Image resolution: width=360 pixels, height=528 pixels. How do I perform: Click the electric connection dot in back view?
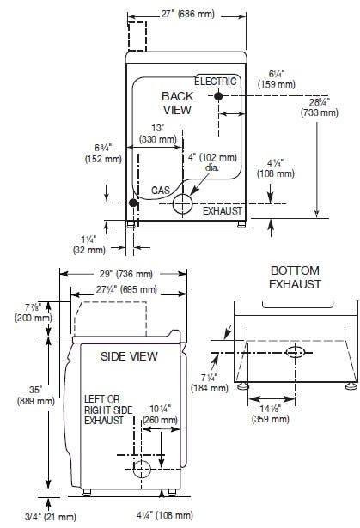click(x=218, y=96)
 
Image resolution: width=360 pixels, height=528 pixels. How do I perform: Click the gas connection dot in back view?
click(x=133, y=203)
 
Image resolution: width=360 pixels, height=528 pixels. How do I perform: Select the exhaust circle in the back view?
click(x=182, y=203)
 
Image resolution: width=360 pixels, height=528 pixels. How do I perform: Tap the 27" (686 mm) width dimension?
click(x=187, y=14)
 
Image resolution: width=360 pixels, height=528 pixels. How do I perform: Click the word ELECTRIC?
click(x=216, y=82)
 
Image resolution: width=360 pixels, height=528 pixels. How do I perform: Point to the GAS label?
click(x=161, y=191)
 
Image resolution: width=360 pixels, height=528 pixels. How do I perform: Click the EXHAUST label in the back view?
click(x=223, y=211)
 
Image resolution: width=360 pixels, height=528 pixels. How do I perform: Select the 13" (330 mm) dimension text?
click(x=158, y=133)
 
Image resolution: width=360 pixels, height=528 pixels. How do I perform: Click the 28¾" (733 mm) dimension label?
click(x=320, y=106)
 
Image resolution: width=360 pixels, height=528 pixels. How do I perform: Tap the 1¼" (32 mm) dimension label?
click(x=89, y=245)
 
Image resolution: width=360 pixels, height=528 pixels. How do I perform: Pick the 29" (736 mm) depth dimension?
click(x=125, y=274)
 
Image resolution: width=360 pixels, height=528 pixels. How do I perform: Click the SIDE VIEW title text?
click(x=129, y=356)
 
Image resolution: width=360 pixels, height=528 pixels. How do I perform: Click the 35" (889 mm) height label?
click(x=36, y=395)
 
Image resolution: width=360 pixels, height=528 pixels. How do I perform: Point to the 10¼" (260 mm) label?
click(x=160, y=414)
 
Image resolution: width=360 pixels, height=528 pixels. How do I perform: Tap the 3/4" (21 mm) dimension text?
click(x=51, y=516)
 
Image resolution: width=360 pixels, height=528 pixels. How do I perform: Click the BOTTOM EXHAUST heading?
click(x=295, y=277)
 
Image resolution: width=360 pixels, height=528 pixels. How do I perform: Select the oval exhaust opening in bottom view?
click(x=296, y=352)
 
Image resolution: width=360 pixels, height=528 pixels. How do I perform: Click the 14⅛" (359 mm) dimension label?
click(x=270, y=414)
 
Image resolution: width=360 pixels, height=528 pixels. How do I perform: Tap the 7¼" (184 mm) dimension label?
click(x=210, y=383)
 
